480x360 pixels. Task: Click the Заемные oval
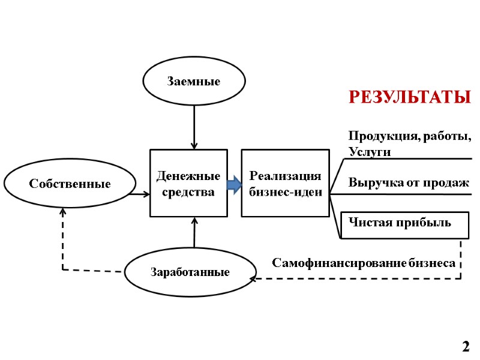click(193, 82)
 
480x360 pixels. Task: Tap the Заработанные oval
click(190, 272)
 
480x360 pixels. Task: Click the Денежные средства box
click(188, 183)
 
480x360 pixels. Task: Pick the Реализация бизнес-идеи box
click(285, 183)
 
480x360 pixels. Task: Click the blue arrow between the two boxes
click(234, 184)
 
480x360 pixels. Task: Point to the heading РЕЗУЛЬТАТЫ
click(409, 97)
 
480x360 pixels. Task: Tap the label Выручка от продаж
click(408, 182)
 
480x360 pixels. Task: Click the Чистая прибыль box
click(404, 224)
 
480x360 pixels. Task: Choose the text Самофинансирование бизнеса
click(364, 263)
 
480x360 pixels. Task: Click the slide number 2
click(466, 346)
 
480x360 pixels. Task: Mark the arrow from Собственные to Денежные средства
click(139, 194)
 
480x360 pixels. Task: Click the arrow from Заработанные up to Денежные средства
click(194, 233)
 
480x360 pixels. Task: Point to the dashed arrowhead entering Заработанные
click(252, 279)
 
